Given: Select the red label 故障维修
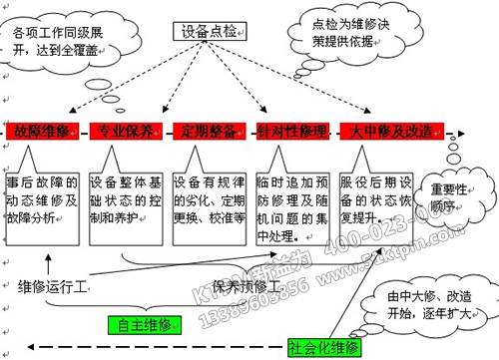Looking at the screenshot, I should [x=38, y=132].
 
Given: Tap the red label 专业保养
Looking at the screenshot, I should [x=125, y=132].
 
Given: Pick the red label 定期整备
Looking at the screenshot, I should [x=209, y=132].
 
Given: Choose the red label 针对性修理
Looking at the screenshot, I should [x=292, y=132].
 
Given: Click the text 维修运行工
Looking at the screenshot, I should [x=53, y=287].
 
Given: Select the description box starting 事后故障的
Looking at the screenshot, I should [x=41, y=200].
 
